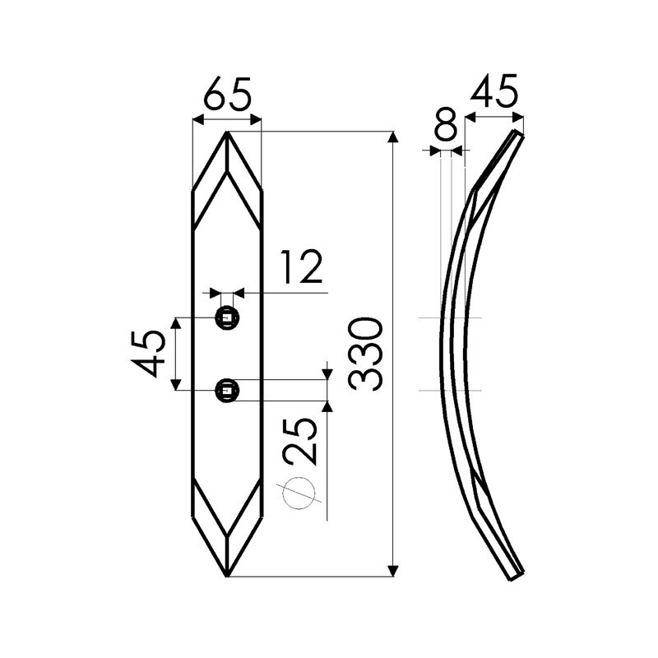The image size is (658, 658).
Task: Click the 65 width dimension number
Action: tap(226, 94)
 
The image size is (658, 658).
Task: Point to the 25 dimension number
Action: tap(300, 441)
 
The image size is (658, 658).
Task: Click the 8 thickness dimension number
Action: tap(445, 127)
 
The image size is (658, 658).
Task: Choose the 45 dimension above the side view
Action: tap(494, 92)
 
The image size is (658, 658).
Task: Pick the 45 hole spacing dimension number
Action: tap(150, 353)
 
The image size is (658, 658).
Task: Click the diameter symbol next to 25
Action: tap(299, 493)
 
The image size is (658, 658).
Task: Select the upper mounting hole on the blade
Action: tap(227, 318)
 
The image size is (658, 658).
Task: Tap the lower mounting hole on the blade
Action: tap(227, 390)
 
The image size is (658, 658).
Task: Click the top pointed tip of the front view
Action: tap(227, 133)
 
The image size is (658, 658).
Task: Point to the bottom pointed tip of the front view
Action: tap(227, 574)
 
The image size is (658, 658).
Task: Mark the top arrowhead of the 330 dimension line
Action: tap(393, 137)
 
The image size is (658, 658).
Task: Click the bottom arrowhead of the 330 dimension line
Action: tap(393, 571)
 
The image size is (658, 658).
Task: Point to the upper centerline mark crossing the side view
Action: tap(451, 317)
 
